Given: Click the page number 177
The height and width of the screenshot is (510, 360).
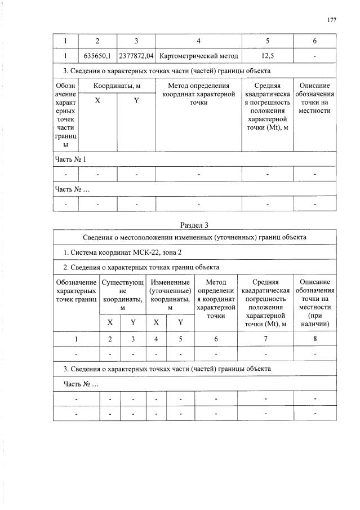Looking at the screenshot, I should tap(331, 20).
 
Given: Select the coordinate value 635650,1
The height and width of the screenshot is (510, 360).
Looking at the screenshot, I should tap(97, 56).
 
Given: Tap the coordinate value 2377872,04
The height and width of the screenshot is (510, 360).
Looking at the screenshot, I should tap(136, 56).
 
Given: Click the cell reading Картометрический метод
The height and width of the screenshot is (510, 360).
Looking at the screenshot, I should tap(199, 56).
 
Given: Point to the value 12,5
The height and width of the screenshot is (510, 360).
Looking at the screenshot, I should tap(268, 56).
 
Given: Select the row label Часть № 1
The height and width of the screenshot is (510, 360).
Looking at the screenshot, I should tap(70, 159).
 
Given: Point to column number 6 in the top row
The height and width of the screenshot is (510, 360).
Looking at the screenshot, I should tap(315, 41).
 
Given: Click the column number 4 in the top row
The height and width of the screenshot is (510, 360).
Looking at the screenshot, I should tap(199, 41).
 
